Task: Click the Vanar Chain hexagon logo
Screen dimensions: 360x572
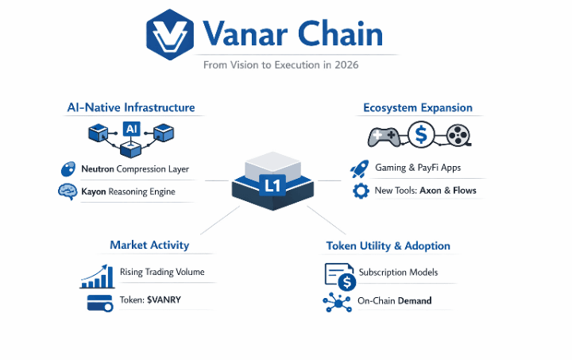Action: pyautogui.click(x=169, y=35)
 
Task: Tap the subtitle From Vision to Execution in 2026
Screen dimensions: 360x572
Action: pyautogui.click(x=280, y=65)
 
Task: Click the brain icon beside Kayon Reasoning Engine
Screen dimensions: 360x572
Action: pyautogui.click(x=67, y=192)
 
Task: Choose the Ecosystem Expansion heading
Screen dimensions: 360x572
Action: pyautogui.click(x=417, y=107)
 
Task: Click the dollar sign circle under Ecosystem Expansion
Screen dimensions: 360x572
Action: pyautogui.click(x=421, y=136)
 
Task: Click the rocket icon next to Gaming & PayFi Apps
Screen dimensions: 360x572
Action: pyautogui.click(x=360, y=168)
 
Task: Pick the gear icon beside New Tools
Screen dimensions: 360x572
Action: pyautogui.click(x=361, y=191)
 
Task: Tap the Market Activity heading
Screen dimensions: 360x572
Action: pyautogui.click(x=151, y=245)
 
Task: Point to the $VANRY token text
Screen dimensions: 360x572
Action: pyautogui.click(x=165, y=301)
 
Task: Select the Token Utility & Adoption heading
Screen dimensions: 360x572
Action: pyautogui.click(x=388, y=246)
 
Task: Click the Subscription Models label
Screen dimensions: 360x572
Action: pyautogui.click(x=397, y=272)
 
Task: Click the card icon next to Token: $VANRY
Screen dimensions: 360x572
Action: pyautogui.click(x=99, y=302)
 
